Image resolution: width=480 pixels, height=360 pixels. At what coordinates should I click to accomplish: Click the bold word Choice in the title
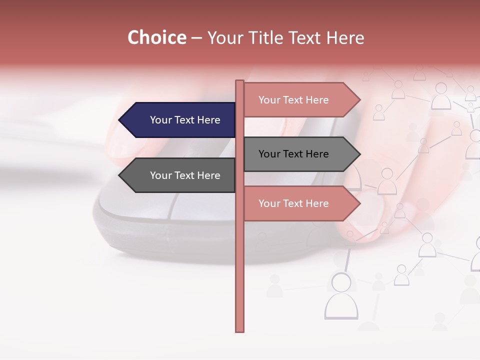tap(156, 38)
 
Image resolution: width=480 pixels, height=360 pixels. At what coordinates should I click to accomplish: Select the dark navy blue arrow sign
tap(180, 120)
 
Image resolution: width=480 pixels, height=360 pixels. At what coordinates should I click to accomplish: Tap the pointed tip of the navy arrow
tap(120, 120)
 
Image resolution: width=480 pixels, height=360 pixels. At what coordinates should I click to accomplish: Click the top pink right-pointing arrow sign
tap(300, 100)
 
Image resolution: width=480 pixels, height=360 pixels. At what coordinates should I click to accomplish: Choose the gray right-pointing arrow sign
tap(300, 154)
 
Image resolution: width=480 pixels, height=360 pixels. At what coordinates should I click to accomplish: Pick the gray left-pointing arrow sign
tap(180, 175)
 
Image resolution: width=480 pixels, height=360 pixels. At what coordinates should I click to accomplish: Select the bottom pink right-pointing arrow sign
tap(300, 203)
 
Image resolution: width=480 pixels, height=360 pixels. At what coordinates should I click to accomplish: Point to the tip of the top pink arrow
tap(359, 100)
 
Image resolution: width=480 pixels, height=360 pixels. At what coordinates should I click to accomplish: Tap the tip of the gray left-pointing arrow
tap(120, 175)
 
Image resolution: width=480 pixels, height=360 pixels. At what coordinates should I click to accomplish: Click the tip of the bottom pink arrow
tap(359, 203)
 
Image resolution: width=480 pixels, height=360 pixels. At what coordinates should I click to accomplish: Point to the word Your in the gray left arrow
tap(160, 175)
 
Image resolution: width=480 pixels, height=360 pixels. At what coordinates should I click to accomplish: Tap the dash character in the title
tap(196, 38)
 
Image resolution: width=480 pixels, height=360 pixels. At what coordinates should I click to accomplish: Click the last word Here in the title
tap(345, 38)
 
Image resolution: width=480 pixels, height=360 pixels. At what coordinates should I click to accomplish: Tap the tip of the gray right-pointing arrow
tap(359, 154)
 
